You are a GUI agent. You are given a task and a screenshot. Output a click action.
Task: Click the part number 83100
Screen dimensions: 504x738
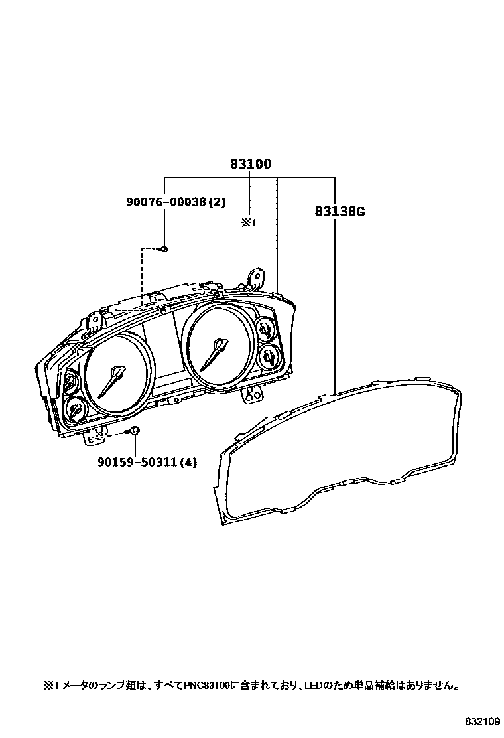click(x=251, y=164)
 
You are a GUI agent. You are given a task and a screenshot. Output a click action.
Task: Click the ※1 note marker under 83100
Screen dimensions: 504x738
click(x=248, y=224)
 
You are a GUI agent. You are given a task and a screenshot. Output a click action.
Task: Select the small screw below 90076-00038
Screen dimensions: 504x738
click(x=164, y=249)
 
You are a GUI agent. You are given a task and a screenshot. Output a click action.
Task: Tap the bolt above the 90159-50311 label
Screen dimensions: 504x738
click(x=134, y=431)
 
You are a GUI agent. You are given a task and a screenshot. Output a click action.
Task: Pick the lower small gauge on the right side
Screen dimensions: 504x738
click(x=269, y=356)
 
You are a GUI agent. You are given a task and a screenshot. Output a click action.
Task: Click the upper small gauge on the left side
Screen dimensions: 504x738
click(x=70, y=382)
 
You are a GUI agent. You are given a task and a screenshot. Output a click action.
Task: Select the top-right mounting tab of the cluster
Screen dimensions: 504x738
click(x=254, y=275)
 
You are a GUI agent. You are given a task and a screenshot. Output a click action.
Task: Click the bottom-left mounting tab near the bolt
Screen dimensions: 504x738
click(x=95, y=437)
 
